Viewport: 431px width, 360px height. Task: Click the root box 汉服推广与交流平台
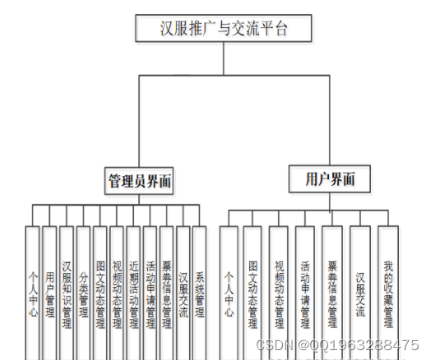coord(224,30)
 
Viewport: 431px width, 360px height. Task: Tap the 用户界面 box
coord(324,178)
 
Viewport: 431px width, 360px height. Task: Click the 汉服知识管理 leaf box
coord(66,292)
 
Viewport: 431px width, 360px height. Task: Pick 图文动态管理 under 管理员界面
coord(100,292)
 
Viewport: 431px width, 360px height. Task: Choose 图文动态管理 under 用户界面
coord(253,292)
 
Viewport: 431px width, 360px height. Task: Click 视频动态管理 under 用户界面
coord(279,292)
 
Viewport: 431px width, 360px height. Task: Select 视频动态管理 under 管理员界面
coord(116,292)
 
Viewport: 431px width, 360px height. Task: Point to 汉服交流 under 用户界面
coord(360,288)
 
